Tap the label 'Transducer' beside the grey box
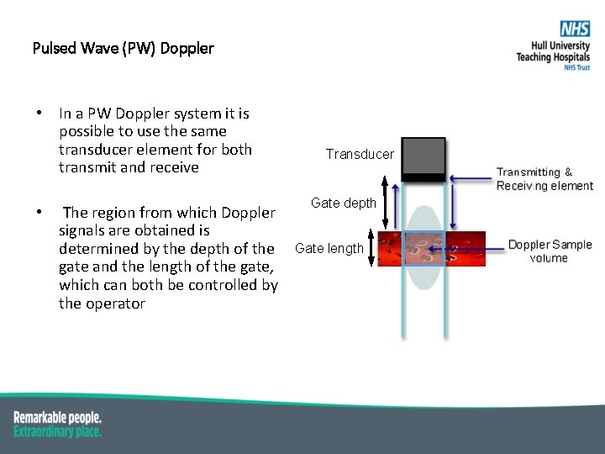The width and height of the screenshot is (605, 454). point(360,154)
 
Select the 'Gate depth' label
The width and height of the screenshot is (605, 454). point(344,203)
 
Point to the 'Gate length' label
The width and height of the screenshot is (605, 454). point(329,248)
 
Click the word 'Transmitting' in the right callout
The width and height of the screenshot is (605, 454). point(529,172)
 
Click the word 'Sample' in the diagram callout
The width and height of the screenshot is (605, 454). point(571,245)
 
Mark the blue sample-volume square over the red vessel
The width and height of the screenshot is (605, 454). point(424,249)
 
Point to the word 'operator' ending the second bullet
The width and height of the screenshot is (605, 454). point(114,304)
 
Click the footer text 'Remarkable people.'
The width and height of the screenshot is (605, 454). point(57,417)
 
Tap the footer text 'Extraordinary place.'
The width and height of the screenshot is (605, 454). point(57,430)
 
